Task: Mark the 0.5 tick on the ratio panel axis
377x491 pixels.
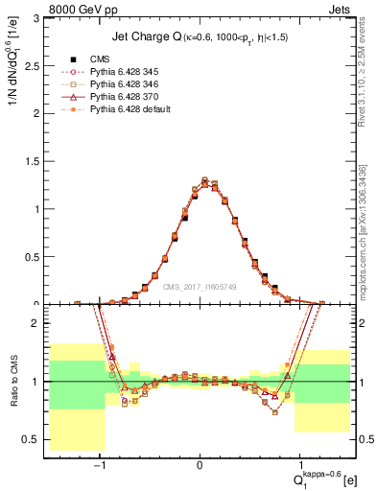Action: tap(35, 439)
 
